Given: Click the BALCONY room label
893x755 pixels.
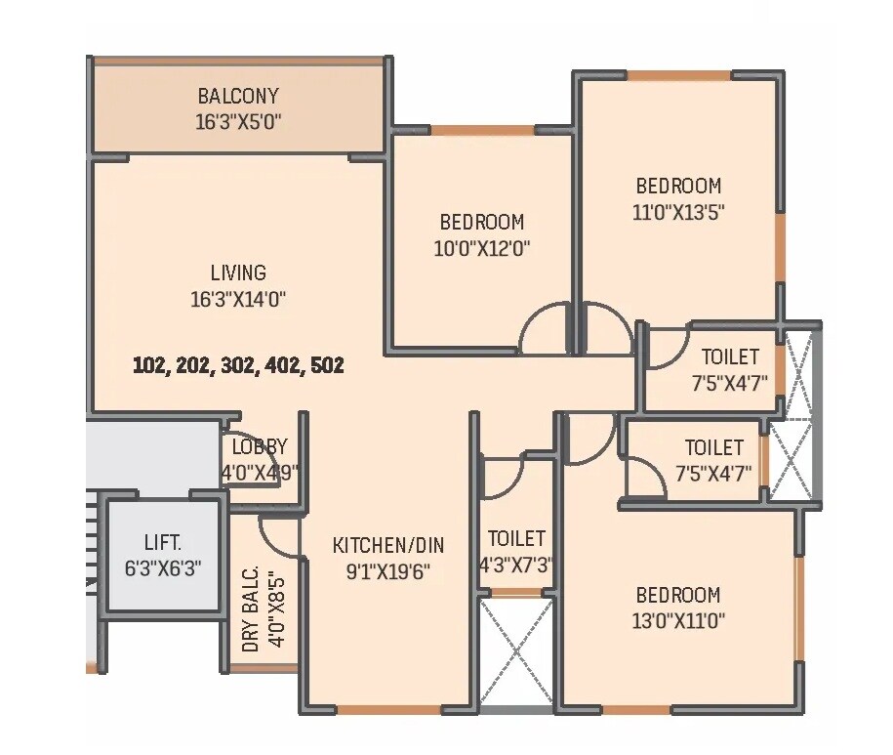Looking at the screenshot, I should (x=238, y=96).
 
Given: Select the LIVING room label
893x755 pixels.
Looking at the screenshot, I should (x=238, y=273).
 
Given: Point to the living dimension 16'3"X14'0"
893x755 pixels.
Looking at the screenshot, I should (x=238, y=299).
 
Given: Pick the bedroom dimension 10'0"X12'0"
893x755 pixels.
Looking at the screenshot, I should (x=481, y=248).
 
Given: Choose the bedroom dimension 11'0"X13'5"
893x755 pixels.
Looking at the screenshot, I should (x=678, y=211).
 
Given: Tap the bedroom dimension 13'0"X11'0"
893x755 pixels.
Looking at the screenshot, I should (x=678, y=620).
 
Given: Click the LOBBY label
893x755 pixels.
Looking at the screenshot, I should (x=260, y=447).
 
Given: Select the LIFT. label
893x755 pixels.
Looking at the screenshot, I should (x=163, y=542).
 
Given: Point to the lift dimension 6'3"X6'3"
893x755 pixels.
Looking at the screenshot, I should (x=163, y=568).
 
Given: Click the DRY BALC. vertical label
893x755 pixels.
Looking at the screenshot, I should (x=251, y=609).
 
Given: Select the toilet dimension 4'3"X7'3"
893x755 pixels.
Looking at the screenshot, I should (x=516, y=565).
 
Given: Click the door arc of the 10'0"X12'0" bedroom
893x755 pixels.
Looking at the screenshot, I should (x=544, y=329).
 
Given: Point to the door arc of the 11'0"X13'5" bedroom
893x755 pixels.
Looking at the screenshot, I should (x=602, y=329).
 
